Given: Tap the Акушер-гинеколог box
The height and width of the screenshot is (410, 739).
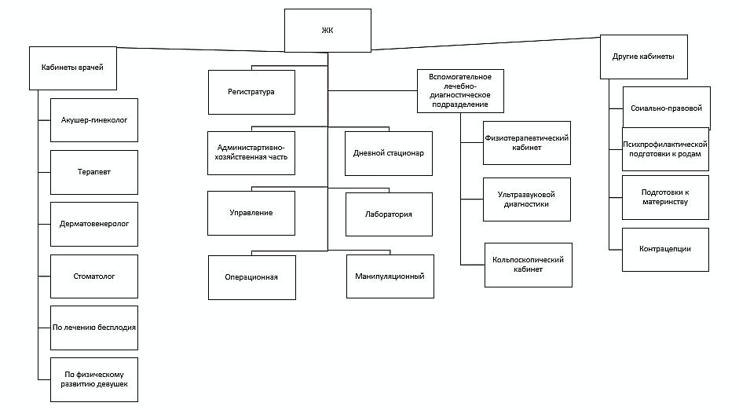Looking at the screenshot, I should pos(93,120).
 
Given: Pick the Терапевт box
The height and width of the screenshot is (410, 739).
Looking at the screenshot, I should pos(93,172).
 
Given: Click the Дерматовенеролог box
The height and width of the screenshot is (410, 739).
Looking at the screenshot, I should pos(93,223).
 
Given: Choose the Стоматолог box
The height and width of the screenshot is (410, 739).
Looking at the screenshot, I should pos(93,276).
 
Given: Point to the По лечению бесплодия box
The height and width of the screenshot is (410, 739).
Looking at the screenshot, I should pos(93,327).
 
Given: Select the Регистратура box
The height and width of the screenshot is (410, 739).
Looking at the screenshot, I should pos(251,92).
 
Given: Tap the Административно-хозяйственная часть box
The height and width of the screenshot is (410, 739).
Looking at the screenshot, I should pos(251,152).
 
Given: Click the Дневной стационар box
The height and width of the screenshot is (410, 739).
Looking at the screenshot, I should pos(389,152).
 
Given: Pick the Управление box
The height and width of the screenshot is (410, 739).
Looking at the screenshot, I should pos(251,214).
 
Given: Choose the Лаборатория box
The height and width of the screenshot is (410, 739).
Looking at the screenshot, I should pos(389,214).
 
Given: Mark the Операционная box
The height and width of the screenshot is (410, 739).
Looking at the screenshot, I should pos(251,276).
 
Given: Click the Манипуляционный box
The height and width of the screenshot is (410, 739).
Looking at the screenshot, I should pos(389,276).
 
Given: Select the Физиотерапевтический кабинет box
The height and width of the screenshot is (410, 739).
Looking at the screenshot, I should pos(527,143).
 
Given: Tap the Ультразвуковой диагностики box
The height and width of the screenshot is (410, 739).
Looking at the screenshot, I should pos(527,199).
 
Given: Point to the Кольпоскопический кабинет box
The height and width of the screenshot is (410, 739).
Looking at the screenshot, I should pos(527,264).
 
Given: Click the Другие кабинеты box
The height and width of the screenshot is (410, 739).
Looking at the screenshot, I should pos(643,57).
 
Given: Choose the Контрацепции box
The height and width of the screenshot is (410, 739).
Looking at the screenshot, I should pos(665,249).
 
